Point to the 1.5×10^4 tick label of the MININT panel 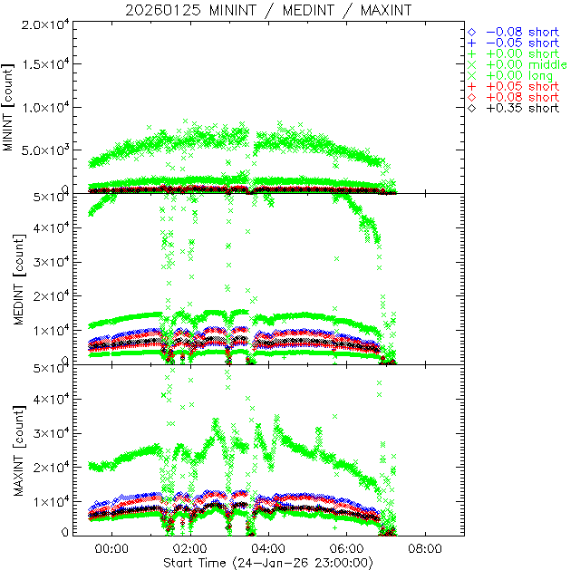(46, 64)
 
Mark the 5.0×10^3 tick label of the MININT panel (46, 150)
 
